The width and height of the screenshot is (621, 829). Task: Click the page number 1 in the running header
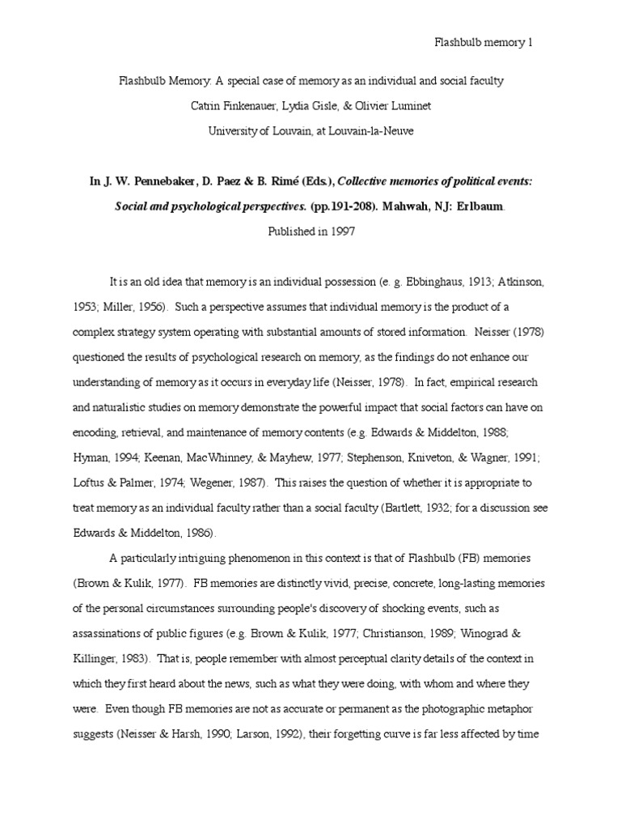point(530,43)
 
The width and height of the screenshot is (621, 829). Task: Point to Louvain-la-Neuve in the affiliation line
point(353,131)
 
